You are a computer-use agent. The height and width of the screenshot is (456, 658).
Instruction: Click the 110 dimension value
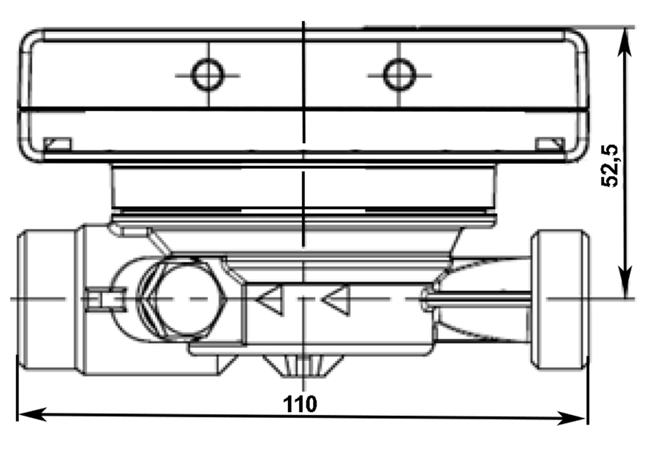point(300,404)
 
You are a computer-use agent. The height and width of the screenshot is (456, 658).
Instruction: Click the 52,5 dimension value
point(610,166)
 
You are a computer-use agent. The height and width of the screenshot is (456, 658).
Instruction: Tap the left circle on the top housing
point(208,75)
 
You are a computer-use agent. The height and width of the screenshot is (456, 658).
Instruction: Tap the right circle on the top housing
point(399,75)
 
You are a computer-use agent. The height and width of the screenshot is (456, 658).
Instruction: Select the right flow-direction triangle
point(336,300)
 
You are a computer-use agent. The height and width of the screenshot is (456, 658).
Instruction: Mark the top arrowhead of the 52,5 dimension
point(625,41)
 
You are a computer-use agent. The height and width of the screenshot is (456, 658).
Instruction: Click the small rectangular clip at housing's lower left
point(58,144)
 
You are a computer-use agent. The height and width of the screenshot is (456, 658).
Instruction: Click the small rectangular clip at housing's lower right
point(550,144)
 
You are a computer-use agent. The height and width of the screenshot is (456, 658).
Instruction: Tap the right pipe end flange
point(560,300)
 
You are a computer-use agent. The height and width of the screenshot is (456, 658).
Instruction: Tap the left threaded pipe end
point(47,300)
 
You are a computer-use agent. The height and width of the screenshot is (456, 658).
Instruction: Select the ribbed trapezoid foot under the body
point(303,366)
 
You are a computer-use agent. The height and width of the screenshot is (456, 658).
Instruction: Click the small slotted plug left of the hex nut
point(105,300)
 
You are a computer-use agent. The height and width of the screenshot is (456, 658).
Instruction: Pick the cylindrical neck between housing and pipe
point(303,187)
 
